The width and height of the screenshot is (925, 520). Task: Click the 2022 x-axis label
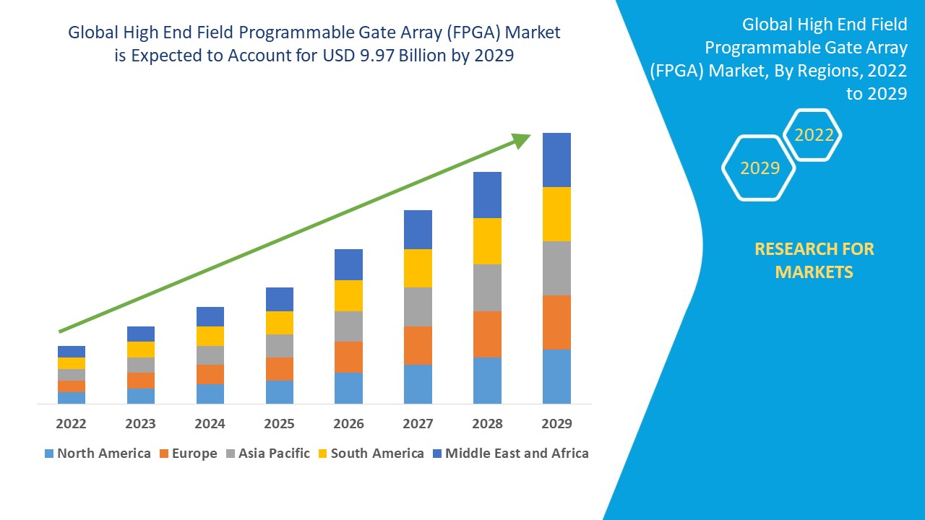tap(71, 423)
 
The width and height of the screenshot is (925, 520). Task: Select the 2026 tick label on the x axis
tap(348, 423)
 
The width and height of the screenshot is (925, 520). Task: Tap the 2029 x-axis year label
tap(556, 423)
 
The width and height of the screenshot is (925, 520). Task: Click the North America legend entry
tap(98, 454)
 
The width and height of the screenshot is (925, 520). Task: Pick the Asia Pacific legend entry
tap(268, 454)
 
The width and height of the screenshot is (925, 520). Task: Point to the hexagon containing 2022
tap(814, 135)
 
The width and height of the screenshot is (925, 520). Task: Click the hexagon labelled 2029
tap(760, 168)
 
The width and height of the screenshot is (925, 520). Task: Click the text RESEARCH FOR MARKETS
tap(814, 260)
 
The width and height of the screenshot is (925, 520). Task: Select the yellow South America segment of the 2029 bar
tap(556, 214)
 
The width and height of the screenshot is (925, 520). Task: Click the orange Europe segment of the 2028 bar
tap(487, 334)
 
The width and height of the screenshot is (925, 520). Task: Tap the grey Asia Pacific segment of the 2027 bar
tap(418, 307)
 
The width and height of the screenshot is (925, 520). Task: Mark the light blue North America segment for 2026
tap(348, 388)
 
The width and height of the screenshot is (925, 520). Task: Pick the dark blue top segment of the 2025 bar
tap(279, 299)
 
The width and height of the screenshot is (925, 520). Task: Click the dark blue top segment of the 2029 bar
tap(556, 160)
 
